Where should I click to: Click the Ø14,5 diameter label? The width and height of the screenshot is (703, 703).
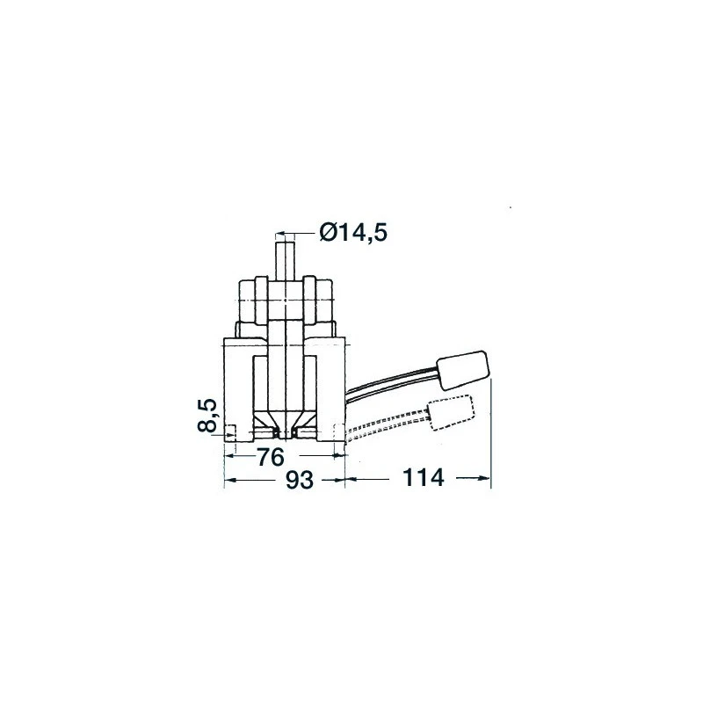point(354,232)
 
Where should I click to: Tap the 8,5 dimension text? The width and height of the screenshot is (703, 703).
point(207,415)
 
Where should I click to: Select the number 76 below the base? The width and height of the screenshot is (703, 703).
point(271,457)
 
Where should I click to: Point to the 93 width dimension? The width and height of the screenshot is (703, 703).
point(300,480)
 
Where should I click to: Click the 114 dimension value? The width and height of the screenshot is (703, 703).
point(424,478)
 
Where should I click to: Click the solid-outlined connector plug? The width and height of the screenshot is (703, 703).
point(465,370)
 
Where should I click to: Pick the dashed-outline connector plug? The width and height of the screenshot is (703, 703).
point(452,412)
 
